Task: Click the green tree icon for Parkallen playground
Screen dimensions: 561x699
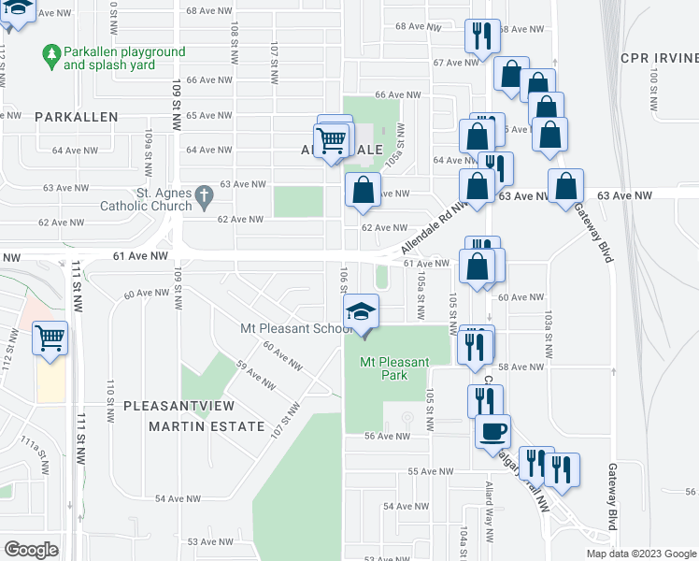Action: click(51, 58)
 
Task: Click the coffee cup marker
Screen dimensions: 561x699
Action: click(492, 431)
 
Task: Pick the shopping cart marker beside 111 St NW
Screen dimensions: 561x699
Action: click(50, 338)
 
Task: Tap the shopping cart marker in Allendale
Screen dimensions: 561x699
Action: click(333, 141)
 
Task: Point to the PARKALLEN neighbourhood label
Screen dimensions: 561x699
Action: click(77, 117)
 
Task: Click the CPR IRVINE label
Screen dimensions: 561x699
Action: click(659, 58)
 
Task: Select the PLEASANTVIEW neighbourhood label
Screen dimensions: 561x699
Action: click(178, 406)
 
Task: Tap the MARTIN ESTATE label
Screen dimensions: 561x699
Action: click(206, 426)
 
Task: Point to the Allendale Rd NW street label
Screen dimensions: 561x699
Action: click(435, 227)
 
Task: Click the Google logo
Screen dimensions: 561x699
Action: click(32, 550)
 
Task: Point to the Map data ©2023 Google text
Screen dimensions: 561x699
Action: click(640, 554)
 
